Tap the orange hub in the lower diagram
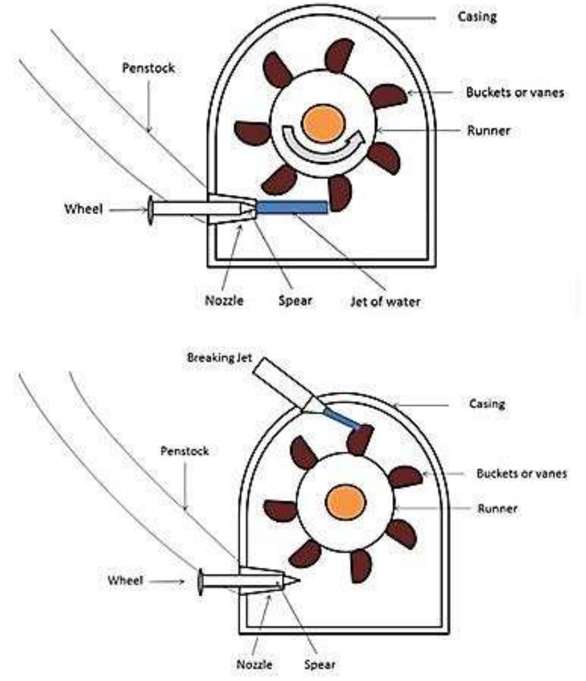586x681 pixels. click(345, 500)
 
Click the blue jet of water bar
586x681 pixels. click(292, 206)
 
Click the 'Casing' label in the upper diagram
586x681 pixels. click(475, 17)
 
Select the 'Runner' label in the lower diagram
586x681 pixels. click(497, 509)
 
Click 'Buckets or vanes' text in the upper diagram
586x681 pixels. click(514, 92)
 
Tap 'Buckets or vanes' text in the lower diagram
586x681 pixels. click(521, 474)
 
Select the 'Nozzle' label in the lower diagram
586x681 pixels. click(255, 664)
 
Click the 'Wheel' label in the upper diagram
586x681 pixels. click(84, 209)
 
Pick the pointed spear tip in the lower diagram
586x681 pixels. click(295, 581)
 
